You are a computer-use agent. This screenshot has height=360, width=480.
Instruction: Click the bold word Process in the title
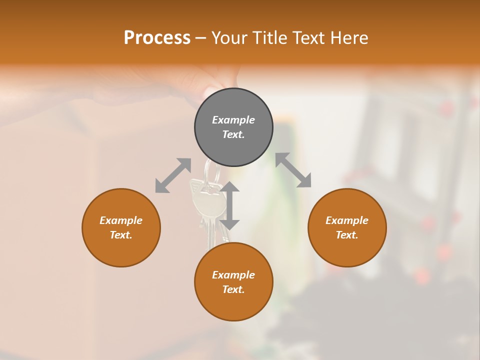click(x=157, y=38)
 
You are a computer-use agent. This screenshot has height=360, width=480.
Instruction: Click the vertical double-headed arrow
click(x=230, y=206)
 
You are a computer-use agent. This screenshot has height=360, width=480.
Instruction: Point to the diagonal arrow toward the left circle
click(x=173, y=175)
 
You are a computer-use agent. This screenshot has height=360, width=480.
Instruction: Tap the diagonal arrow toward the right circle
click(x=293, y=170)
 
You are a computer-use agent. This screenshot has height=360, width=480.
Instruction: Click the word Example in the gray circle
click(x=233, y=120)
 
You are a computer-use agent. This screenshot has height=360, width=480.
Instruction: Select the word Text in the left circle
click(x=121, y=235)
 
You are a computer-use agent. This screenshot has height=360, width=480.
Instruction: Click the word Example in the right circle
click(x=347, y=220)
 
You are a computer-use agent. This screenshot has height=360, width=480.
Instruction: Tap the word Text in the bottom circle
click(x=233, y=289)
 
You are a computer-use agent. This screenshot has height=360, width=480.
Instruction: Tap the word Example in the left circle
click(x=121, y=220)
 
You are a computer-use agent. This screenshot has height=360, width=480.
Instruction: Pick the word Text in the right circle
click(x=347, y=235)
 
